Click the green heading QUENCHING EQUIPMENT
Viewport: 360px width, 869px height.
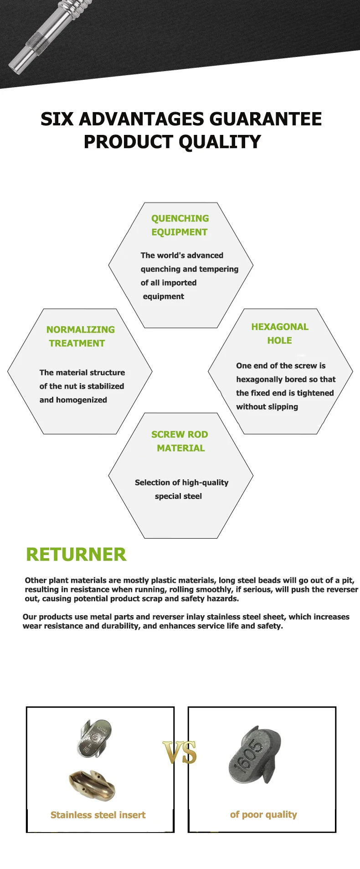(x=180, y=225)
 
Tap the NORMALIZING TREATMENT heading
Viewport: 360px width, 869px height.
(x=80, y=336)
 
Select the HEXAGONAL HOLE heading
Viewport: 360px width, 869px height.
(x=280, y=334)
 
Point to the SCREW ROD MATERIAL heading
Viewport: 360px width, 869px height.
(x=180, y=441)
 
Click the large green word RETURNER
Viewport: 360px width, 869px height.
(x=76, y=555)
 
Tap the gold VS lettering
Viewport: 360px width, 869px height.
(x=180, y=752)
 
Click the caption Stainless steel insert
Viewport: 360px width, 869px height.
(x=98, y=815)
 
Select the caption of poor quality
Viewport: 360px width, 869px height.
(x=263, y=814)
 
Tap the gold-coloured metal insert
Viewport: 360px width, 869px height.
(x=92, y=785)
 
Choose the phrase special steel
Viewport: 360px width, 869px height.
(x=178, y=496)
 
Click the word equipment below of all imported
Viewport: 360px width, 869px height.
(x=164, y=296)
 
